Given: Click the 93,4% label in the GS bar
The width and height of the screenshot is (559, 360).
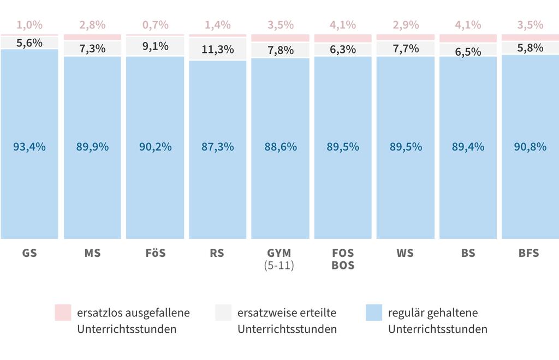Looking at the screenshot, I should coord(29,147).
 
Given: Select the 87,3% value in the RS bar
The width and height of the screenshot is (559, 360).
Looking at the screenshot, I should coord(218,147).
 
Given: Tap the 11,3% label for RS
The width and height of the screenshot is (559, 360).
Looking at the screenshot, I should coord(218,50).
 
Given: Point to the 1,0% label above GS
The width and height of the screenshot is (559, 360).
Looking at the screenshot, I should coord(29,25).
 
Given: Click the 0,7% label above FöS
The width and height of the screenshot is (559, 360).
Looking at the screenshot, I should coord(155,25).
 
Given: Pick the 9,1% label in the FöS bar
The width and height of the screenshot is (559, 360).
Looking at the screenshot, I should coord(155,46).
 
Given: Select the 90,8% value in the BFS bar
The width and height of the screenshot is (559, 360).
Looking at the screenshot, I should coord(530,147).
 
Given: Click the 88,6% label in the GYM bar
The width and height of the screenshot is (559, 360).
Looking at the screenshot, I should coord(281,147).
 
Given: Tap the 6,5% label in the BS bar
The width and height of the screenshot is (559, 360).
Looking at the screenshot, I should coord(468,52).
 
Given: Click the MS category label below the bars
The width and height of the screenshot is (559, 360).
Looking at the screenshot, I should coord(92,254).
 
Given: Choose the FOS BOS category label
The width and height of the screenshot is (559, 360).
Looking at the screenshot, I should coord(343,260).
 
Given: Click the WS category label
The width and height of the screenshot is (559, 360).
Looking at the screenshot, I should coord(405,254).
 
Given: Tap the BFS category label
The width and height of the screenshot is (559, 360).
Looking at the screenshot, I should coord(529,254).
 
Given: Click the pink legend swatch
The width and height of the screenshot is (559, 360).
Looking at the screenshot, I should coord(63,313).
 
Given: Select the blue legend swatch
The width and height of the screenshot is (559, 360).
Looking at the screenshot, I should coord(374,313).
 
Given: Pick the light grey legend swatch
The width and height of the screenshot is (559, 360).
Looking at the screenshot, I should coord(223,313).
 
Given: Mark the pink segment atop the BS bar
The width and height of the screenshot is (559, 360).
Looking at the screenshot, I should coord(468,38).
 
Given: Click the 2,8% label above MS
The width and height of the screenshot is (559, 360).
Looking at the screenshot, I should coord(92,25).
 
